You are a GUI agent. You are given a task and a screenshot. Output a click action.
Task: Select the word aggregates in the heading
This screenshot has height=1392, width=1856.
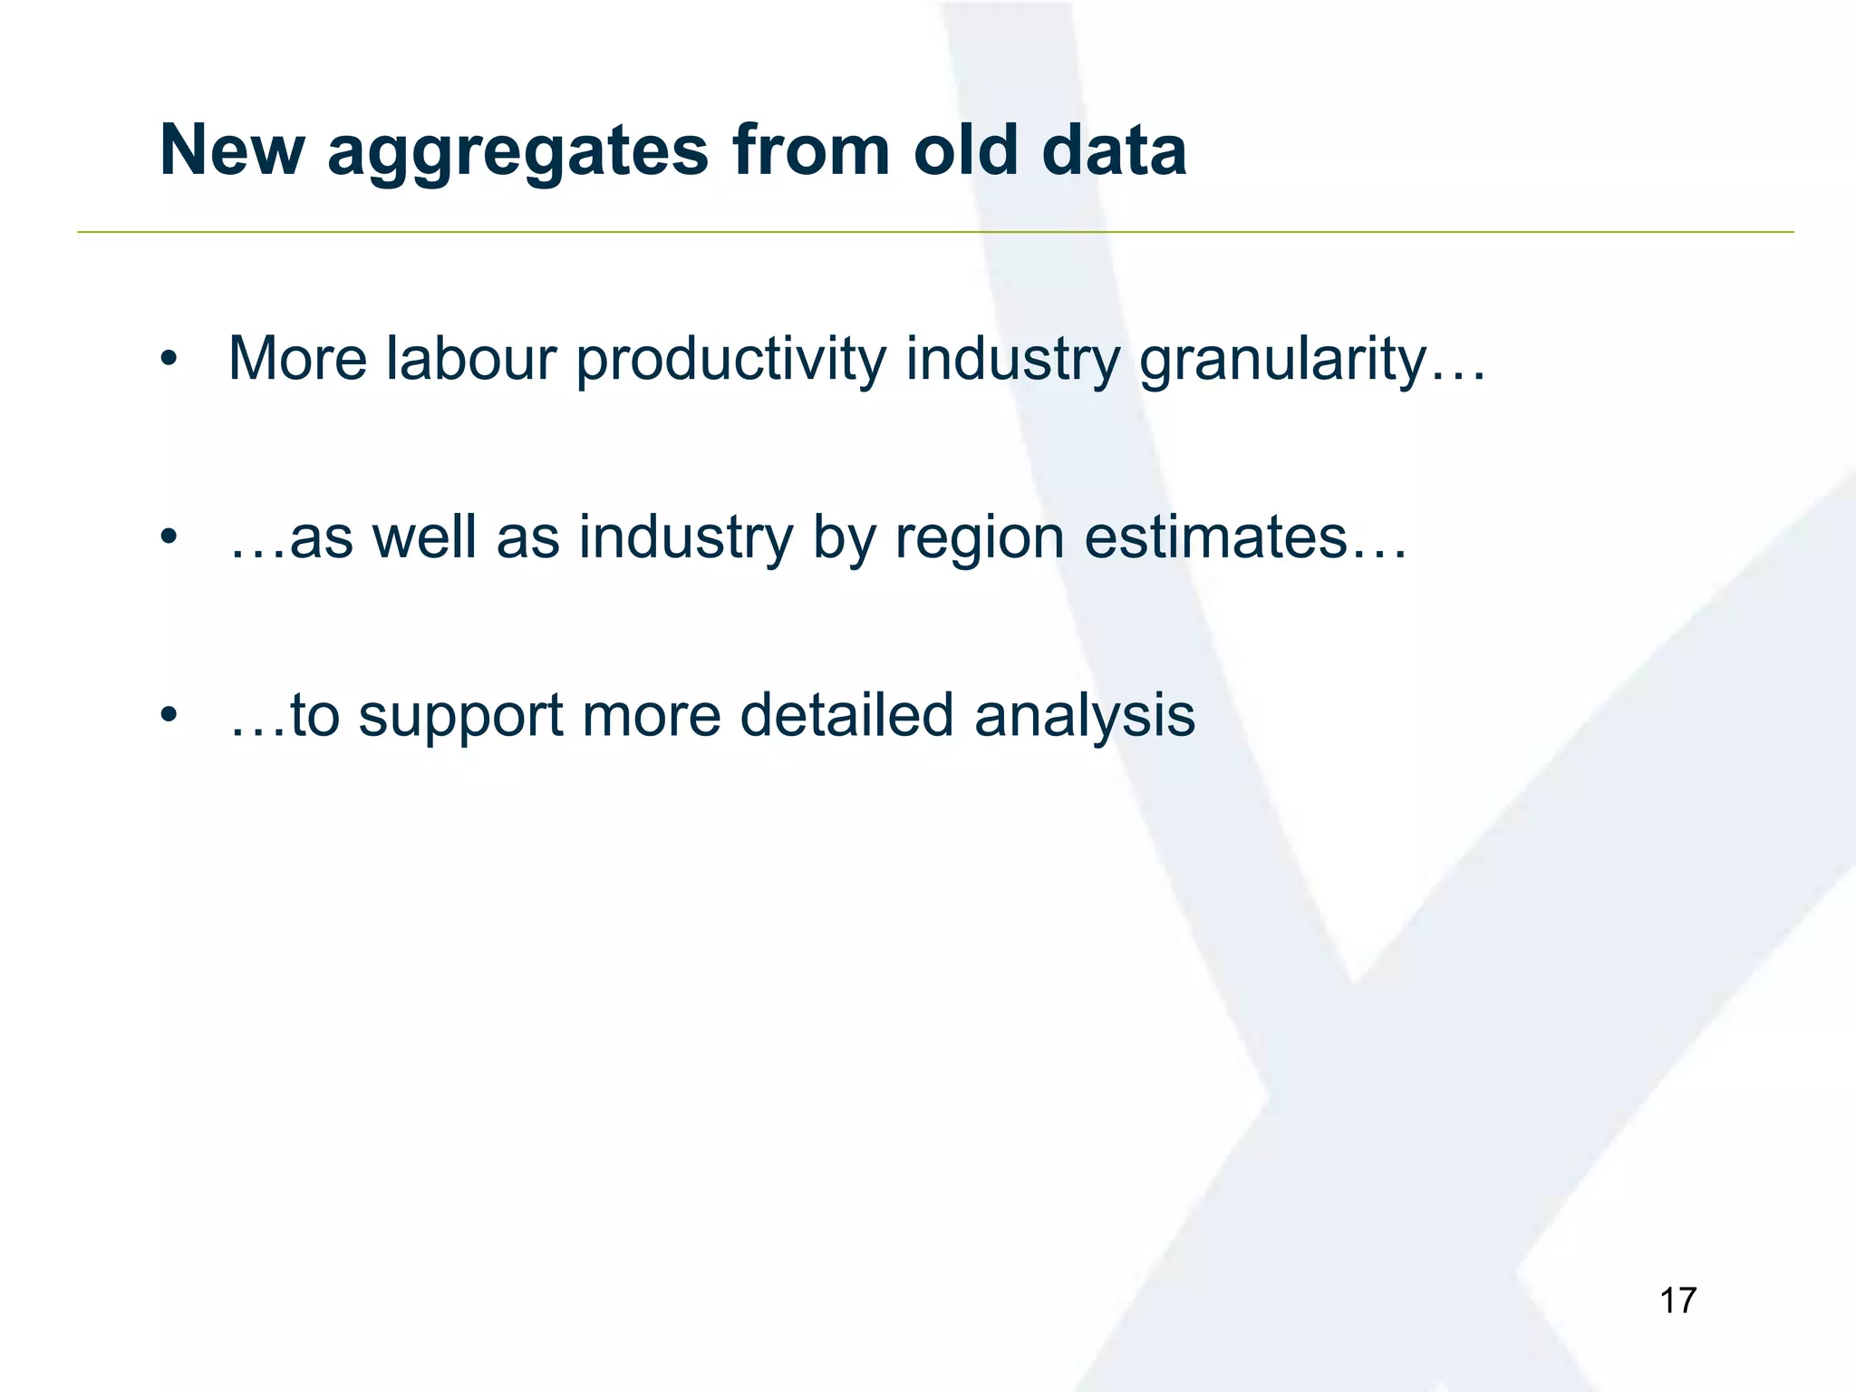point(517,152)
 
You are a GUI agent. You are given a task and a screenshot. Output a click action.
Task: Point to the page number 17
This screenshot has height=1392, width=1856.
point(1677,1300)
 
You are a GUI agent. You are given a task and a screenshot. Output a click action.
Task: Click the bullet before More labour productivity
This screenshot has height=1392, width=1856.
point(167,360)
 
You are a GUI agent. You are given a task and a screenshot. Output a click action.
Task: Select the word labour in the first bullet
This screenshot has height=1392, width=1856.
point(470,359)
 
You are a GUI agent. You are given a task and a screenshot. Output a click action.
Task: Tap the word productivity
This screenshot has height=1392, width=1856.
point(730,361)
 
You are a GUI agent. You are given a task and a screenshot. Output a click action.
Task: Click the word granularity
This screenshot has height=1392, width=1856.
point(1282,361)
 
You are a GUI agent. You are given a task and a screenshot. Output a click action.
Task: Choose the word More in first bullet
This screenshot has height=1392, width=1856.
point(298,359)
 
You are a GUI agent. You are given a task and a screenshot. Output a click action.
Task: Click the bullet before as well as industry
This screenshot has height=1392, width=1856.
point(167,538)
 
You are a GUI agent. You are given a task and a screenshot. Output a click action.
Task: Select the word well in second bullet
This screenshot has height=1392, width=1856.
point(424,537)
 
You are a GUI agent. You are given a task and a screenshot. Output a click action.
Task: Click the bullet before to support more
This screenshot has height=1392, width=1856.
point(167,716)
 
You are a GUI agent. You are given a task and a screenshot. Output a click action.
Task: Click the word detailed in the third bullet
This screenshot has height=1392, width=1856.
point(846,716)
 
